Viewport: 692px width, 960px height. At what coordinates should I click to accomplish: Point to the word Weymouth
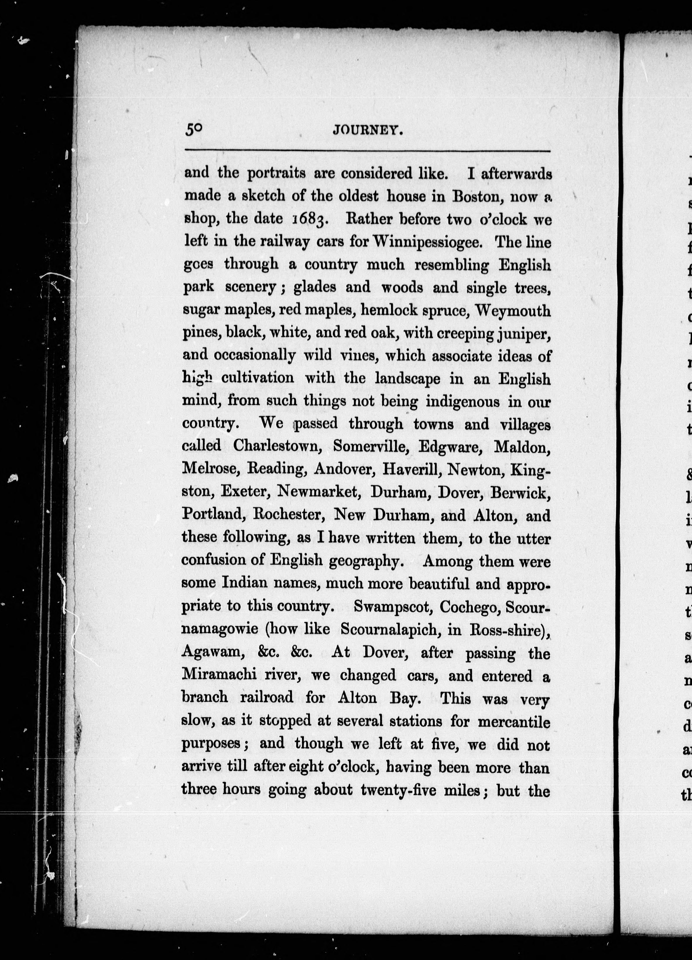[513, 311]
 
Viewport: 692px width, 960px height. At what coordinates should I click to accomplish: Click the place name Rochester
[290, 515]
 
